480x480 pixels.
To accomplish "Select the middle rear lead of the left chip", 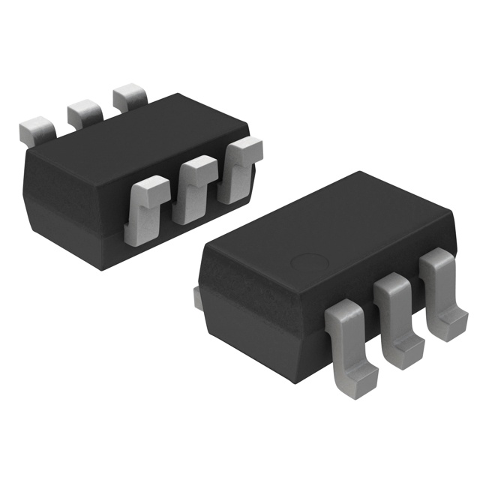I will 84,112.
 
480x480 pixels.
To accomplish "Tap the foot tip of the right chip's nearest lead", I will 363,376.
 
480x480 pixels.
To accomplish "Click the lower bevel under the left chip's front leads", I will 187,232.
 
